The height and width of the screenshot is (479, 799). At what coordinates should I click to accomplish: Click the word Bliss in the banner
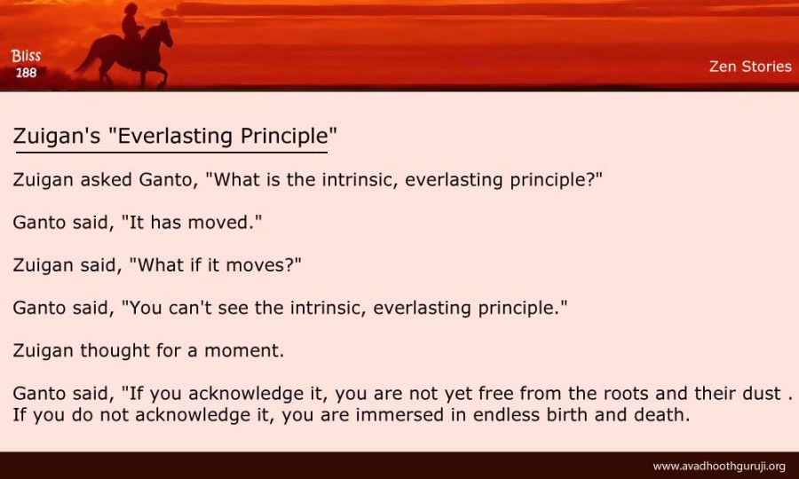pos(26,56)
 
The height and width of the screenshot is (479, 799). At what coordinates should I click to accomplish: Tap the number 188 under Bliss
pos(26,73)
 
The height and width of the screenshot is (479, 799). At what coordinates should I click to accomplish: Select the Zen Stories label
pos(750,67)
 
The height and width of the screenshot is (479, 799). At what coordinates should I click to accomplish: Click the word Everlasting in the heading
pos(175,136)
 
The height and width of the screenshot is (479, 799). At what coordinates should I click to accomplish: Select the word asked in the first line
pos(106,180)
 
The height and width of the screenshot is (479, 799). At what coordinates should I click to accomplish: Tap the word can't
pos(190,308)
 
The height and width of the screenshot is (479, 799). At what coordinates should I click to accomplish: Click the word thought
pos(115,350)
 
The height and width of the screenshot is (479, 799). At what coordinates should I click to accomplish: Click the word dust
pos(760,394)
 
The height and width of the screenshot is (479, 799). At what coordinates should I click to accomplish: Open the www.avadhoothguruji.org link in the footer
pos(719,467)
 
